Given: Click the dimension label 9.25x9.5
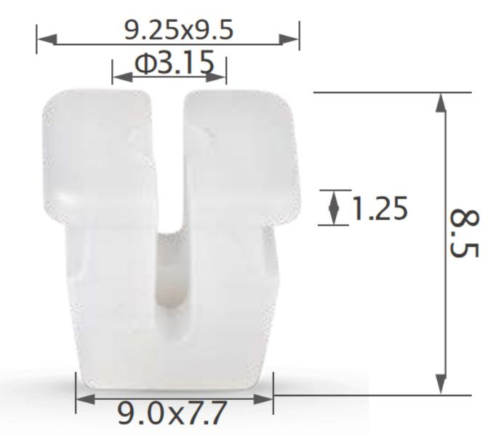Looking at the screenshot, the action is click(x=179, y=30).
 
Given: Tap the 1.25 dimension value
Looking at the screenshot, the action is click(x=380, y=208).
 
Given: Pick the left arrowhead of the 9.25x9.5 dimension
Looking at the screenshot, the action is click(x=47, y=39).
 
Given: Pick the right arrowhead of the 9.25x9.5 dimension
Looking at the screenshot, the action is click(x=289, y=39).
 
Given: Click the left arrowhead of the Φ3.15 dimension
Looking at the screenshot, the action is click(x=122, y=77).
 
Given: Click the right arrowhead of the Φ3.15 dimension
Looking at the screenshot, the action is click(x=216, y=77).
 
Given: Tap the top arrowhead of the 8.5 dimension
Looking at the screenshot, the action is click(x=441, y=103).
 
